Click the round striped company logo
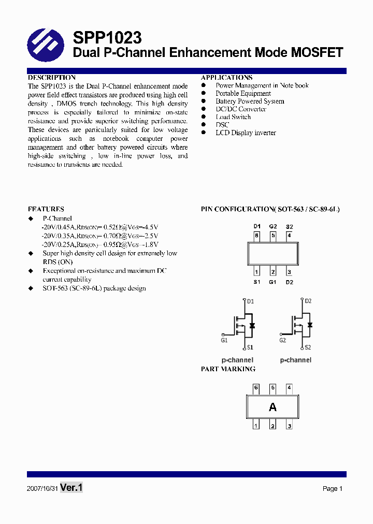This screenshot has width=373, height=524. click(45, 45)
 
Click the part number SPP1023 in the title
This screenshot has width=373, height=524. click(107, 38)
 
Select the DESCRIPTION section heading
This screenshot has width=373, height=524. click(51, 78)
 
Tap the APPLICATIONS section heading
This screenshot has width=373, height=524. click(226, 78)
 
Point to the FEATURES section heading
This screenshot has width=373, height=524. click(46, 209)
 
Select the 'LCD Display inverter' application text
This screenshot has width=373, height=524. click(246, 133)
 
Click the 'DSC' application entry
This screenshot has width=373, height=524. click(222, 125)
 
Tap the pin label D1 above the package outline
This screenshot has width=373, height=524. click(256, 227)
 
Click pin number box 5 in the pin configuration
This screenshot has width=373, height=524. click(273, 235)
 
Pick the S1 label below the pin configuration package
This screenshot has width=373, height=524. click(256, 282)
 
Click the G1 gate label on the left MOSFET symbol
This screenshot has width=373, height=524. click(224, 341)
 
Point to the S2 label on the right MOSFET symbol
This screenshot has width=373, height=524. click(308, 347)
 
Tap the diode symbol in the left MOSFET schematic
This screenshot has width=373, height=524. click(252, 326)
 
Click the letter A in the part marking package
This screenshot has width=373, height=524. click(272, 407)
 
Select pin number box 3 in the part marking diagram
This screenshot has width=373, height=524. click(289, 426)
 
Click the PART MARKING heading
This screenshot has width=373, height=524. click(228, 369)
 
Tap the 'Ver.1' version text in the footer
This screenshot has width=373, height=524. click(71, 488)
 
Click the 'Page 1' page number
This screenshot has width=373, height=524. click(333, 489)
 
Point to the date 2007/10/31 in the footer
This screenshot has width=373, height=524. click(42, 489)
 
